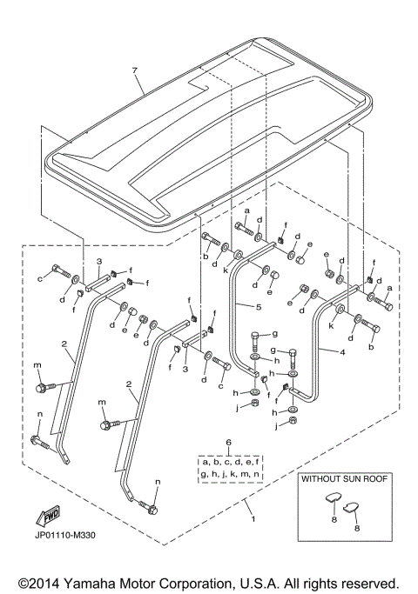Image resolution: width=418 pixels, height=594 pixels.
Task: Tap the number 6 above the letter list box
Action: [x=229, y=444]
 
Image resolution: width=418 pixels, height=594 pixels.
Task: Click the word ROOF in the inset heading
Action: [x=373, y=479]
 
